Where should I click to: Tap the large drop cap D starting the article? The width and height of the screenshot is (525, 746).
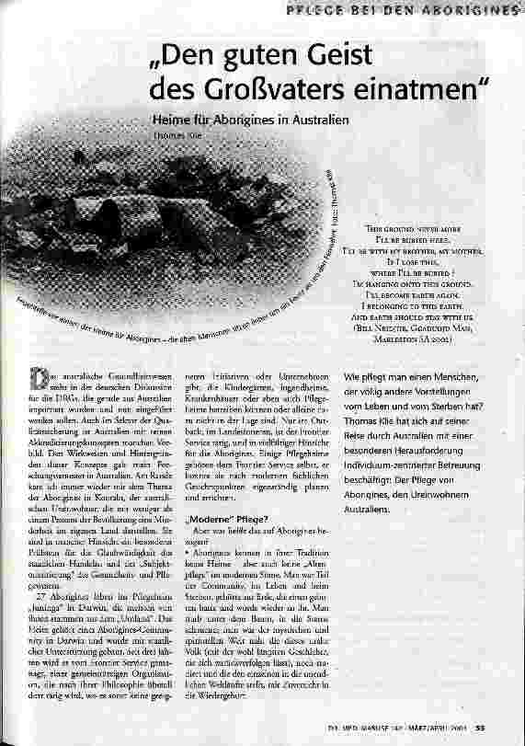pos(38,378)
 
